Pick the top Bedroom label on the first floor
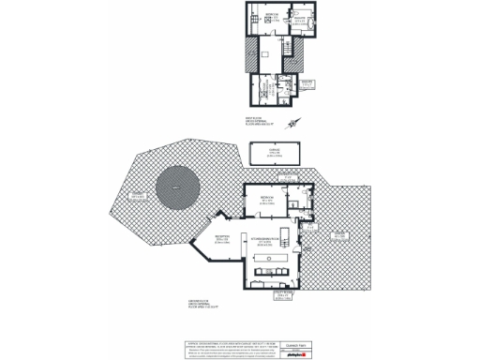coord(269,17)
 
